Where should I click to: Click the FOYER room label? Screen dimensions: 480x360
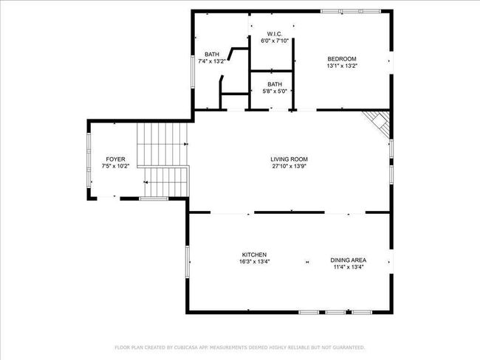tap(115, 159)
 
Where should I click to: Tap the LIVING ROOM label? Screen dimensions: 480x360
tap(289, 159)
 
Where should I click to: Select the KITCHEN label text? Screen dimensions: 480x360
tap(254, 255)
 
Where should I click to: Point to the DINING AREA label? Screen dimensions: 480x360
tap(348, 260)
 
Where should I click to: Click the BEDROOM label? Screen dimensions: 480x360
tap(342, 59)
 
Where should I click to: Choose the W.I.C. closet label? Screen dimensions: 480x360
tap(275, 34)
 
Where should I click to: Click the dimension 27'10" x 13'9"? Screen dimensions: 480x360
tap(289, 166)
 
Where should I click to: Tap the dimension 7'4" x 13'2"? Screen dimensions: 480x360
tap(212, 61)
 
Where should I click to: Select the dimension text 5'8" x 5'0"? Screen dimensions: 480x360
tap(275, 91)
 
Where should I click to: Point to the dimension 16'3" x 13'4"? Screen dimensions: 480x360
tap(254, 261)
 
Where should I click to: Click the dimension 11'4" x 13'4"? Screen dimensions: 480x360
tap(348, 267)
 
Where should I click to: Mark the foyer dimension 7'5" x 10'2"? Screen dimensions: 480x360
tap(115, 166)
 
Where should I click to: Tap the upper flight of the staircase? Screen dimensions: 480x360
tap(162, 145)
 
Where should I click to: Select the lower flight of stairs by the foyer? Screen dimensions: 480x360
tap(166, 182)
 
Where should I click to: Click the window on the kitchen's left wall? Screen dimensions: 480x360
tap(188, 262)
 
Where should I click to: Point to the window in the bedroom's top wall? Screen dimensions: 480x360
tap(351, 11)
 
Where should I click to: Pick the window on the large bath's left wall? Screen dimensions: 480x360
tap(193, 72)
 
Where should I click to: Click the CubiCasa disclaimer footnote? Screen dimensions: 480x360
tap(240, 347)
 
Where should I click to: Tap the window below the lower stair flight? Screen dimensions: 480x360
tap(154, 198)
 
